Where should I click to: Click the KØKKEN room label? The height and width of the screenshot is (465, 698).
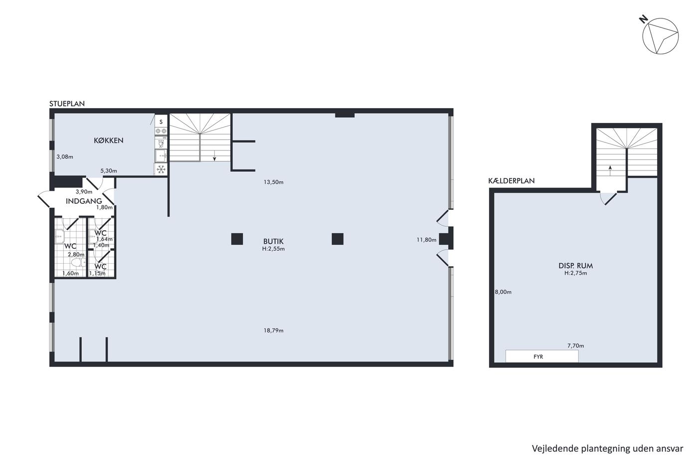[109, 141]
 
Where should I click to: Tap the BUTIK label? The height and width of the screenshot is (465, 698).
[273, 241]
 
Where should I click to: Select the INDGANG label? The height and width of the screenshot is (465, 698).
[84, 201]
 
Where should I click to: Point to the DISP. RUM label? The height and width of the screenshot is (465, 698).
[575, 266]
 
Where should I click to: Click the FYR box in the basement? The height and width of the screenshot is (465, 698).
[542, 356]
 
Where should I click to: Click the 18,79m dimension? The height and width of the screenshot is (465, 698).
[274, 330]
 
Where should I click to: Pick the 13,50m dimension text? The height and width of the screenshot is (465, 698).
[274, 182]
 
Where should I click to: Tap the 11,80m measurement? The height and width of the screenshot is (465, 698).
[426, 240]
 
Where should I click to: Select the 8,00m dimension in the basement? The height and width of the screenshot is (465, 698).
[503, 292]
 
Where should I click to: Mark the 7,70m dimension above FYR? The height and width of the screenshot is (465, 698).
[575, 346]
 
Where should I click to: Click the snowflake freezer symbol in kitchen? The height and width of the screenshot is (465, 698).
[161, 169]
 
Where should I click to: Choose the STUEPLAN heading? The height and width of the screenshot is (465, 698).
[67, 104]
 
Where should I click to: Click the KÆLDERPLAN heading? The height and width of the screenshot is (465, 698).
[512, 181]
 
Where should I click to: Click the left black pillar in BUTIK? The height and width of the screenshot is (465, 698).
[237, 239]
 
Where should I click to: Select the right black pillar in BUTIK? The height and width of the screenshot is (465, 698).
[338, 239]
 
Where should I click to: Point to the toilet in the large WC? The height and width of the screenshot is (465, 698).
[79, 263]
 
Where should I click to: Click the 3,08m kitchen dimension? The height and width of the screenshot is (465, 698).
[65, 157]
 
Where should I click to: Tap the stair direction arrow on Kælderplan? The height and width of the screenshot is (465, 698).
[610, 170]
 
